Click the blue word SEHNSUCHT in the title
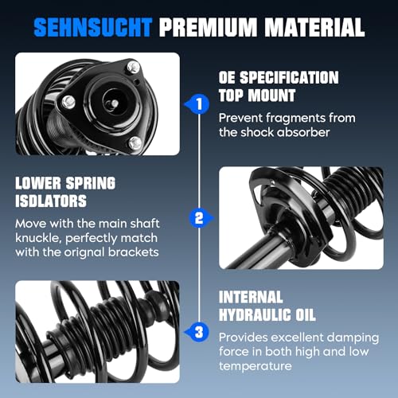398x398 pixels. click(x=93, y=27)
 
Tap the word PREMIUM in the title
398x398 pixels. click(x=208, y=27)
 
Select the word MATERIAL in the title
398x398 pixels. click(x=314, y=27)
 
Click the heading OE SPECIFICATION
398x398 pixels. click(x=279, y=77)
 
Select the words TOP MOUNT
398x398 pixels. click(x=257, y=96)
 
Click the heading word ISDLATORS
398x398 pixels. click(x=51, y=201)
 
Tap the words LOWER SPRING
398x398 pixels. click(x=65, y=183)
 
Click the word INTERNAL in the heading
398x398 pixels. click(x=251, y=297)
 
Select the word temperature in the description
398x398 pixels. click(x=256, y=366)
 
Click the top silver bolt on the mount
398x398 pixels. click(x=133, y=67)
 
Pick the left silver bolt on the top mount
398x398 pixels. click(x=68, y=102)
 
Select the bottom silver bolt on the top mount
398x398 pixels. click(x=135, y=142)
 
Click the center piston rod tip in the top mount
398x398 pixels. click(x=115, y=103)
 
